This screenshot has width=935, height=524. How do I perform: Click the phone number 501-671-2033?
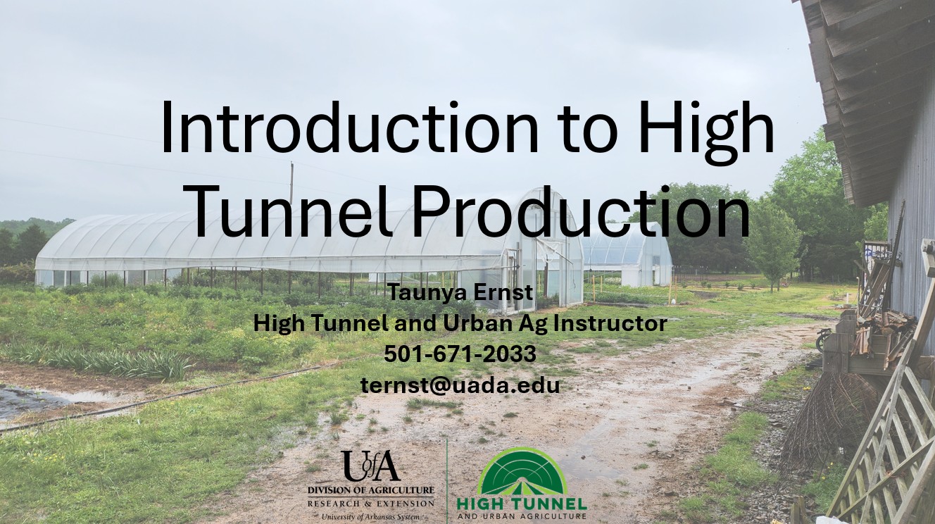(x=460, y=354)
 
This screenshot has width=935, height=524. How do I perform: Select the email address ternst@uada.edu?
(x=460, y=385)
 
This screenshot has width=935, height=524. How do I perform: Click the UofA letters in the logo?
(x=371, y=466)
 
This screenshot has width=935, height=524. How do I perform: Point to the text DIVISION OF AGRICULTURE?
(x=371, y=490)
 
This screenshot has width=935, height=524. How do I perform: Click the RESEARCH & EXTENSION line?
(x=371, y=504)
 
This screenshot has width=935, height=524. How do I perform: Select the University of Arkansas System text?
(x=371, y=516)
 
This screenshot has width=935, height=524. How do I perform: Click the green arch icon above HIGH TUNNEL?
(x=522, y=471)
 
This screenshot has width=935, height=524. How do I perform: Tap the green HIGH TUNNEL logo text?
(x=522, y=504)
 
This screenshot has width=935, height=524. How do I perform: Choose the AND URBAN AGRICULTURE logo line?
(x=522, y=517)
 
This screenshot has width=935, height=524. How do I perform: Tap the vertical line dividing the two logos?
(x=447, y=479)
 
